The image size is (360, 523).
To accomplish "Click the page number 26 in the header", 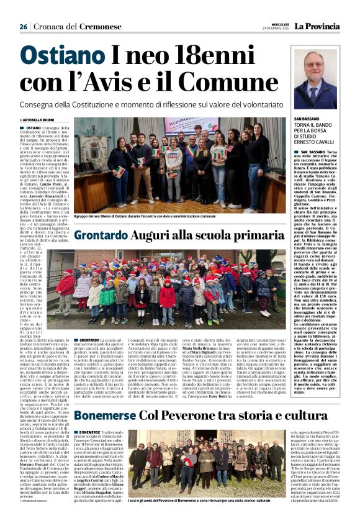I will coord(23,27).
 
